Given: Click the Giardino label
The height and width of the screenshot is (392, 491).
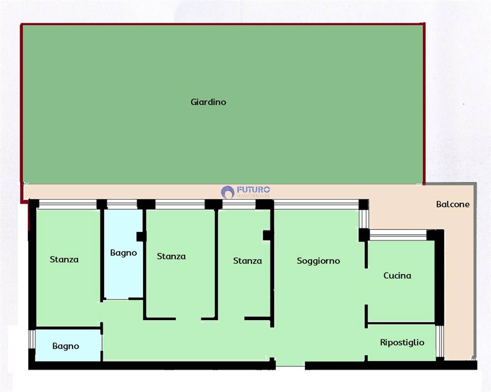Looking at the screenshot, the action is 208,102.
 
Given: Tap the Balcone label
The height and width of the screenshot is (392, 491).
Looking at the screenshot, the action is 453,204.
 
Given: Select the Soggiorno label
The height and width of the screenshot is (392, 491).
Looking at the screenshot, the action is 319,261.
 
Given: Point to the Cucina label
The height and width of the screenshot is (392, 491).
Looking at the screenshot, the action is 397,276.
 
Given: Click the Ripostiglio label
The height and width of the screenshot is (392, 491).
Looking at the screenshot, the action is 402,342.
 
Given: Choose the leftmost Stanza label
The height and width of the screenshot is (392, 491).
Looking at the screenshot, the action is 64,259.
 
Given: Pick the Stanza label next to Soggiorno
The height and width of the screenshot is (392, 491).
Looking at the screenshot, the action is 247,261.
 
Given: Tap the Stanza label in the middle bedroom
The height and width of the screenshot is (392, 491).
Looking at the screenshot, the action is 171,256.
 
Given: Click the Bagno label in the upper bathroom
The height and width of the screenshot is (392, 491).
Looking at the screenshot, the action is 124,253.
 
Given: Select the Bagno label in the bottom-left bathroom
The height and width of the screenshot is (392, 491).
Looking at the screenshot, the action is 66,346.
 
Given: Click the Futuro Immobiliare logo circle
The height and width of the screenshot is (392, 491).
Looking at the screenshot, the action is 228,192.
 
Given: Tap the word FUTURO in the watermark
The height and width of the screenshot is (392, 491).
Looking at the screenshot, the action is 253,190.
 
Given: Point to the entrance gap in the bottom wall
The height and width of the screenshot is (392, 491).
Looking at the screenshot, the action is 290,365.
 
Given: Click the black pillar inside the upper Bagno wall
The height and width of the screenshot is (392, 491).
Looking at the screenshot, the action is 141,237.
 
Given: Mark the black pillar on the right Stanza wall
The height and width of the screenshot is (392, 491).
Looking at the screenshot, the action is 267,235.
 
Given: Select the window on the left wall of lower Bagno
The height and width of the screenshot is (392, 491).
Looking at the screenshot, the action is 31,339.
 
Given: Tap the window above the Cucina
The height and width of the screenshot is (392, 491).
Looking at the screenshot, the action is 398,235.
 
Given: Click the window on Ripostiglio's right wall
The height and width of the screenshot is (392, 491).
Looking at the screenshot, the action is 440,341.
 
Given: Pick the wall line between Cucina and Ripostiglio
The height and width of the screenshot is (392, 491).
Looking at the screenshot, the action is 401,323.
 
